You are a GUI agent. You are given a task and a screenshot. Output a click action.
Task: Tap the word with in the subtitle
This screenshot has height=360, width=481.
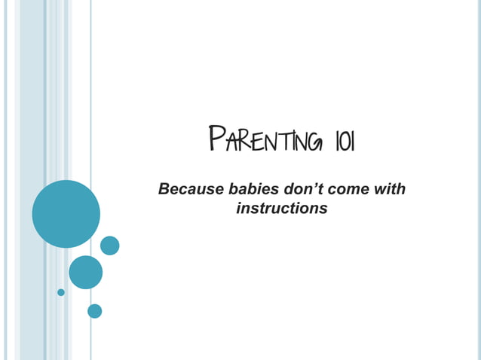390,188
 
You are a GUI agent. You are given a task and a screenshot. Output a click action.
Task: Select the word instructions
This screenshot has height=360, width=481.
281,208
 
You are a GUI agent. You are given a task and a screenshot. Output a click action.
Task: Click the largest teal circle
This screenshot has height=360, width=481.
66,214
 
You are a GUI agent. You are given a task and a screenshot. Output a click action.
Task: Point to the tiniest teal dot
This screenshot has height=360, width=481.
61,292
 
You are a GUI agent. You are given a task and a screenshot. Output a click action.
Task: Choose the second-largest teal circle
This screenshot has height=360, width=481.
85,272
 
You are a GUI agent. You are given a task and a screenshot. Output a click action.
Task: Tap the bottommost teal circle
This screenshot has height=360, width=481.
94,310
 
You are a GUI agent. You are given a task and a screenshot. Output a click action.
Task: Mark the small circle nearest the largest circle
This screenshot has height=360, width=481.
110,246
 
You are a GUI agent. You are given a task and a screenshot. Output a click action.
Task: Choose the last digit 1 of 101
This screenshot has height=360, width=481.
348,143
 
